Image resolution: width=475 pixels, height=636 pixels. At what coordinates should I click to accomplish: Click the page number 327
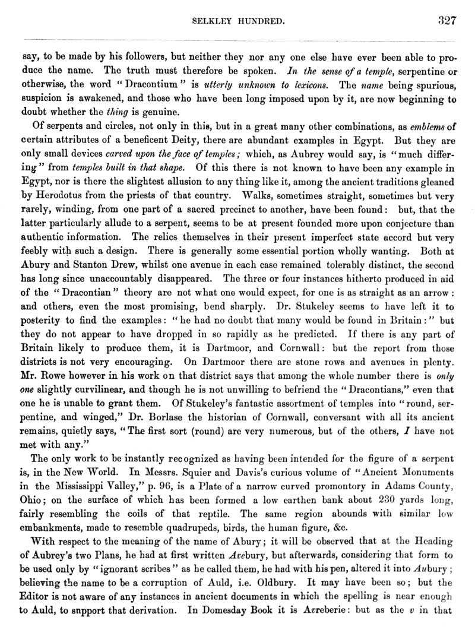click(446, 21)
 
